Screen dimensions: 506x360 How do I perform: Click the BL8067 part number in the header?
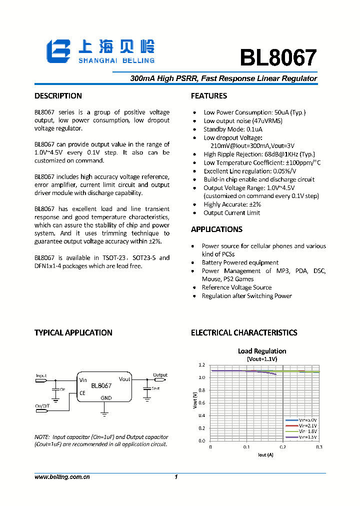point(278,58)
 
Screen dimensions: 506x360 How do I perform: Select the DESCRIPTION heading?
point(58,96)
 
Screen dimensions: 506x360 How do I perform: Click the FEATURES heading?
point(209,96)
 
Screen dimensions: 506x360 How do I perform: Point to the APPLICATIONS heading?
point(216,229)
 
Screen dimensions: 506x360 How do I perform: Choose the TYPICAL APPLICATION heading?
point(73,333)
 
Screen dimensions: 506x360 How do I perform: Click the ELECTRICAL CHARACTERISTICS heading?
point(244,333)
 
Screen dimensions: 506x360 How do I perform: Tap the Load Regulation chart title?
point(262,351)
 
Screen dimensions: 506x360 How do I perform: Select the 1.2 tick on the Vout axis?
point(201,365)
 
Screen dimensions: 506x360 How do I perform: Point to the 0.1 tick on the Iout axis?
point(246,447)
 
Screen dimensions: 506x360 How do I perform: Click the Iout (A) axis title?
point(265,454)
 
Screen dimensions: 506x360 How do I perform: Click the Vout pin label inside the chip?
point(124,379)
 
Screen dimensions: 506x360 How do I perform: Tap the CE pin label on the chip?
point(82,393)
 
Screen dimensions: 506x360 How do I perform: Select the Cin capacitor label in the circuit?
point(62,388)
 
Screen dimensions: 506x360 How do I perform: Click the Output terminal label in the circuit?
point(160,375)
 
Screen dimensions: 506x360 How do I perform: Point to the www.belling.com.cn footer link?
point(62,477)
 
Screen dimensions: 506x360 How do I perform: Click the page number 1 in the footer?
point(176,477)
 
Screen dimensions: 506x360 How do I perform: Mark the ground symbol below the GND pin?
point(104,412)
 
